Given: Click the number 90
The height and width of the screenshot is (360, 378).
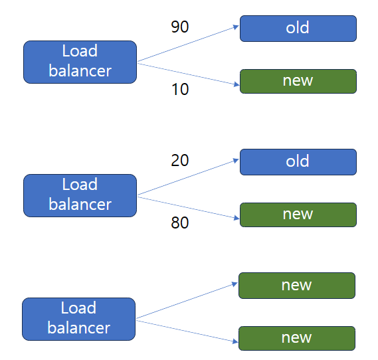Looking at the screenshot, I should click(x=179, y=27).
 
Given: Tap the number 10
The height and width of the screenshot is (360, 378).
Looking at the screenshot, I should click(x=179, y=90).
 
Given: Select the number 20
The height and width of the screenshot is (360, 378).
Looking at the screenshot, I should click(x=179, y=160).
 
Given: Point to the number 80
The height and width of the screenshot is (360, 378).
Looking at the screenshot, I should click(x=179, y=223).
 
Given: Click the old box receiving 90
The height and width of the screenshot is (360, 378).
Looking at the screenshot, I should click(x=298, y=29).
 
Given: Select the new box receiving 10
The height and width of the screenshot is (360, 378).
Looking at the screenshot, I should click(x=298, y=81).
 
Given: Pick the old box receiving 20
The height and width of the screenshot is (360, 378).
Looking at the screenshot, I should click(x=298, y=162).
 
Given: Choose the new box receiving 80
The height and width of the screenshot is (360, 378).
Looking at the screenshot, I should click(x=298, y=215).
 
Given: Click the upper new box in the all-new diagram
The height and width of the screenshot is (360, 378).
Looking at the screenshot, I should click(x=296, y=286).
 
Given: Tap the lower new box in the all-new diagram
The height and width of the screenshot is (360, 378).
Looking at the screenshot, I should click(x=296, y=338).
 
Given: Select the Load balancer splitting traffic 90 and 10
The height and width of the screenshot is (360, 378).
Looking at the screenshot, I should click(x=80, y=62).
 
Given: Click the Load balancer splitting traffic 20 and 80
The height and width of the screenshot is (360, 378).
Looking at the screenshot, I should click(x=80, y=195).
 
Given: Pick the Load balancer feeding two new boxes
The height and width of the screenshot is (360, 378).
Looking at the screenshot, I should click(x=78, y=319).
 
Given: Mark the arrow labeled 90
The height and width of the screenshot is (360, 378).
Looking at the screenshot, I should click(x=188, y=44).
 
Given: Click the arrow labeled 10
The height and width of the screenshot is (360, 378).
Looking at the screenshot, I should click(x=188, y=73).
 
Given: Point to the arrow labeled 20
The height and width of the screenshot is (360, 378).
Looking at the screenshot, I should click(x=188, y=177).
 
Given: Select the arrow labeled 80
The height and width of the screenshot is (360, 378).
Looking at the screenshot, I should click(x=188, y=207).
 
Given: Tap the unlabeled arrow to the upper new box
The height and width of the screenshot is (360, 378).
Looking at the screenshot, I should click(x=187, y=301).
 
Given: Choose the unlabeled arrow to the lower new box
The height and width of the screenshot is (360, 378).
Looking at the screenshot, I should click(x=187, y=330).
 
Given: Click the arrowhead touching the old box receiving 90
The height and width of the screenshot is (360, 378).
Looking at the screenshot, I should click(x=236, y=27).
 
